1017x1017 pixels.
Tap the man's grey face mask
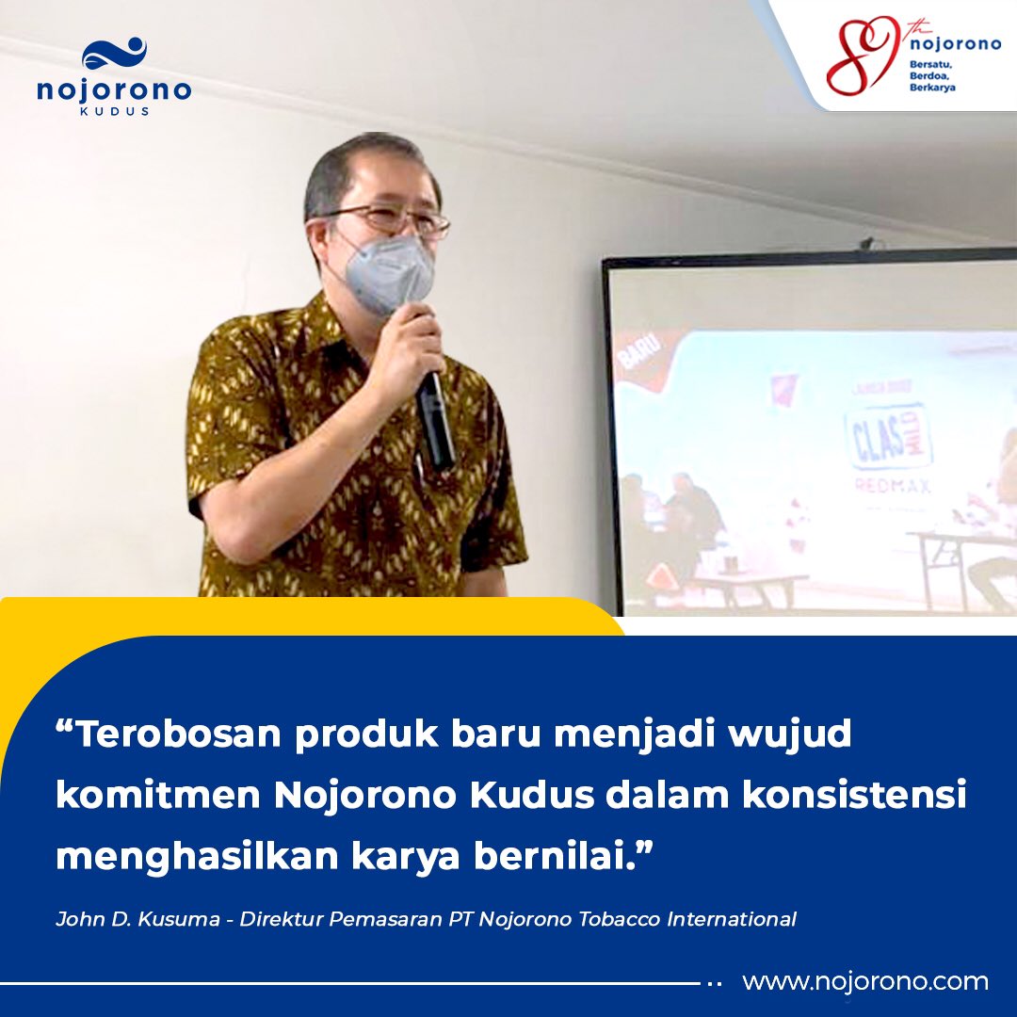click(389, 272)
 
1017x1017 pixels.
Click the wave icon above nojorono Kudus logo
click(114, 55)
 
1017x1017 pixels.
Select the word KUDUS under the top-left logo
click(114, 111)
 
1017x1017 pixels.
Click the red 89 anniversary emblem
click(862, 56)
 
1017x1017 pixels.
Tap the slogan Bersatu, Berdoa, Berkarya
click(933, 75)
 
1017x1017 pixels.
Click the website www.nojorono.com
click(864, 982)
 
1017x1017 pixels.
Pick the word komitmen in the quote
click(156, 796)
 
